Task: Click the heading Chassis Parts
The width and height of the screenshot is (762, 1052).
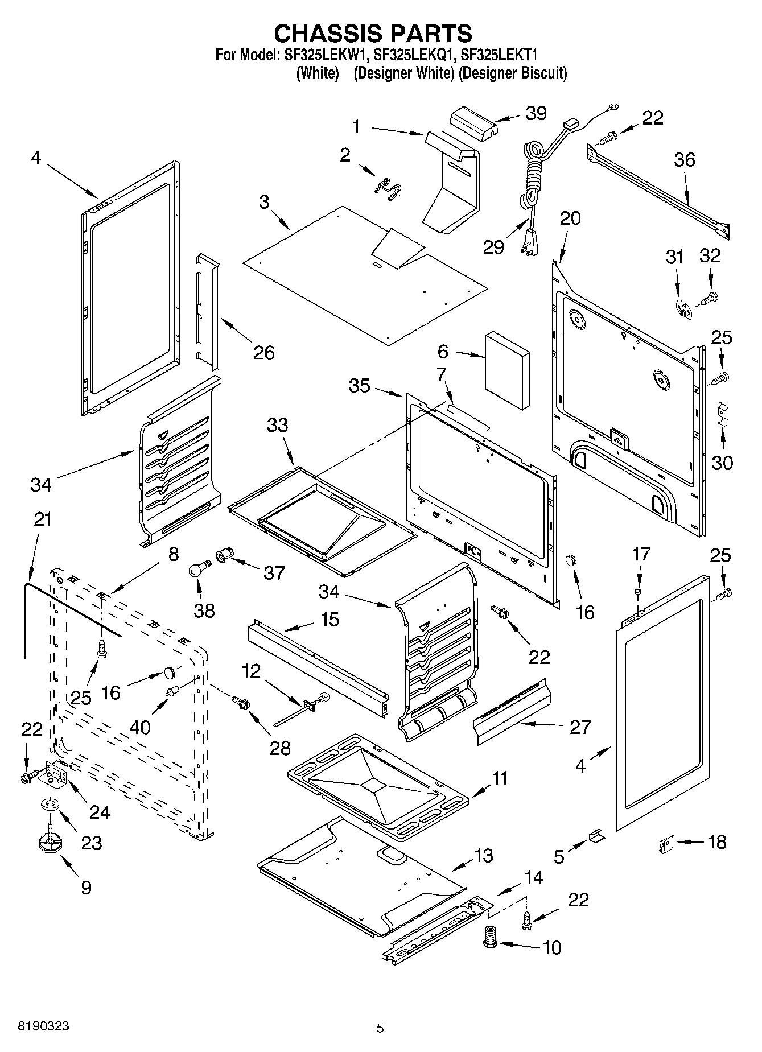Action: (373, 34)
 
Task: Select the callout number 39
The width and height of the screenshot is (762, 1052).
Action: (536, 113)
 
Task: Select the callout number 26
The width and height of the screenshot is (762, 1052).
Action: (264, 353)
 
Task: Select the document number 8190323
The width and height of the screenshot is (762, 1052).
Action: (44, 1026)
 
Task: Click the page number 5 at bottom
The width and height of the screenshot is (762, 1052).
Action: (380, 1028)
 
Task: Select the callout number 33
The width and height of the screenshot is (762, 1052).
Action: (278, 425)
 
